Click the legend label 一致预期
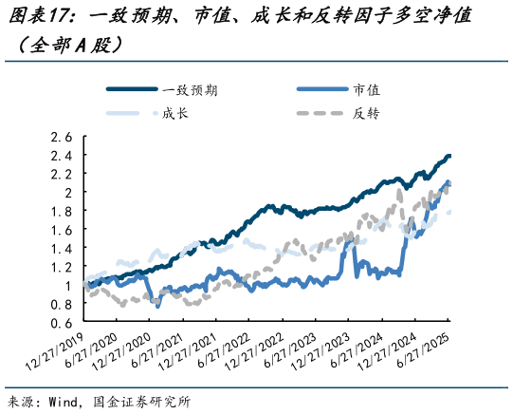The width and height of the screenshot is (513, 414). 191,90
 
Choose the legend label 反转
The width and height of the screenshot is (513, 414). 366,114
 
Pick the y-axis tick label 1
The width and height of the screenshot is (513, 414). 67,286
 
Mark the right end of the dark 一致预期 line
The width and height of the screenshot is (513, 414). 449,156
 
